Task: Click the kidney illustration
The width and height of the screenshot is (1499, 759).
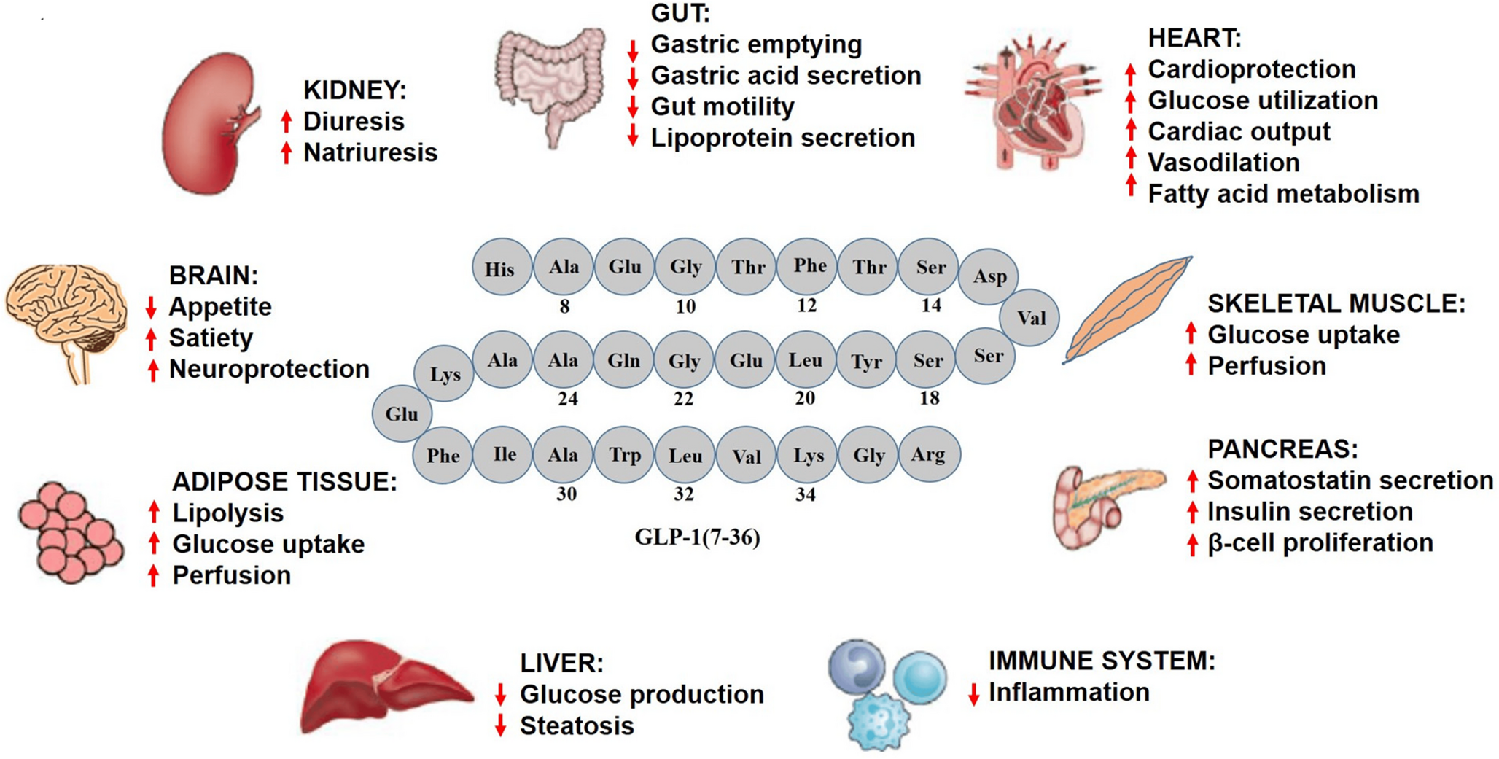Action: pos(208,124)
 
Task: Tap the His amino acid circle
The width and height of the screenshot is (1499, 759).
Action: pos(500,268)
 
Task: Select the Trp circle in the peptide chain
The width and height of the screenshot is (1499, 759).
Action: pos(624,455)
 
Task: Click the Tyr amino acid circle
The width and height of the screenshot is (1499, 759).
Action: pos(866,361)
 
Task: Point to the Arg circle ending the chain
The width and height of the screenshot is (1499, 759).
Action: pos(928,454)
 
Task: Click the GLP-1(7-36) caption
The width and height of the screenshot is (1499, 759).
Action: pos(697,537)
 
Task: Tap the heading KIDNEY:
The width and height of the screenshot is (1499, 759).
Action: pos(354,90)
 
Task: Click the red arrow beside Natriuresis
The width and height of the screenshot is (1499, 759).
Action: pos(287,152)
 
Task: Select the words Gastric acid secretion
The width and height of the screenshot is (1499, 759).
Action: pos(785,76)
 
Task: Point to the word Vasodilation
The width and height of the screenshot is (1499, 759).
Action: pos(1223,163)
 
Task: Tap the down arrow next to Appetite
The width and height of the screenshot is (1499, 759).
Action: pos(152,307)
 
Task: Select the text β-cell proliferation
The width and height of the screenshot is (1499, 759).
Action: pos(1320,543)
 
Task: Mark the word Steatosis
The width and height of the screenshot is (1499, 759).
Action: pos(576,726)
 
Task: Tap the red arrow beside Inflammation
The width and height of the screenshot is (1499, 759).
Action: pos(973,693)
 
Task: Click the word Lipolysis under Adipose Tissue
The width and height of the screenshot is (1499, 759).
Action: pos(227,513)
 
